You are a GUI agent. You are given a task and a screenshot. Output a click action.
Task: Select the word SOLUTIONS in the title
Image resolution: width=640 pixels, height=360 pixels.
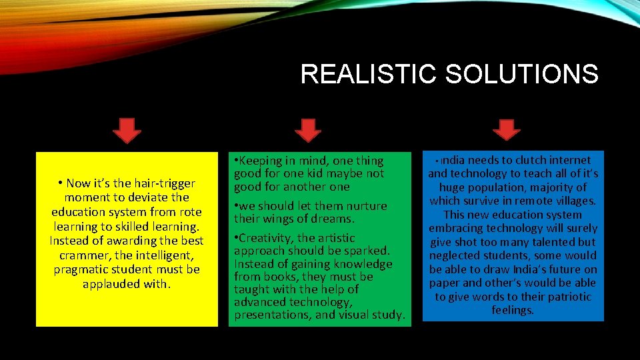click(521, 74)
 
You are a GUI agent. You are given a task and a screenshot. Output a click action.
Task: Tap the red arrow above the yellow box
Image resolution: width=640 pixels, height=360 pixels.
click(127, 131)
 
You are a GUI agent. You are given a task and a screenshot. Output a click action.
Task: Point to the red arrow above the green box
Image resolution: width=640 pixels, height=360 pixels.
click(307, 131)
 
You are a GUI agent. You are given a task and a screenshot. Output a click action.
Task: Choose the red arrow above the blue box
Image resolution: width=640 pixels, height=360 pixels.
click(507, 129)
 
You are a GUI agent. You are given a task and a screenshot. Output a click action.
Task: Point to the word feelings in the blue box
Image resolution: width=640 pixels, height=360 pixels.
click(513, 310)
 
